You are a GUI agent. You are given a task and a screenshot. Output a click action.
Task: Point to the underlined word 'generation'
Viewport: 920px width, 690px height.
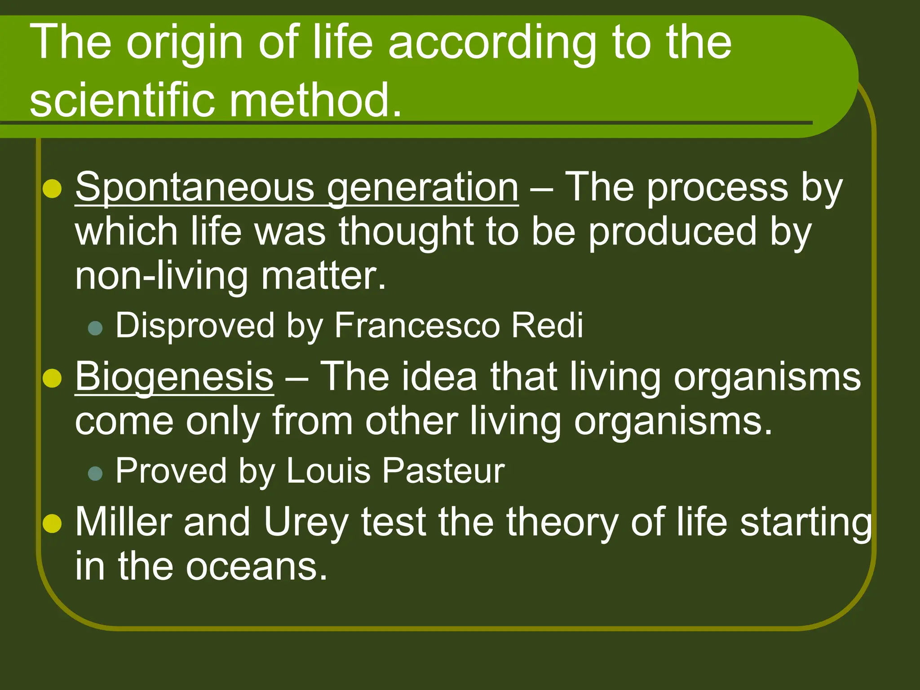tap(422, 188)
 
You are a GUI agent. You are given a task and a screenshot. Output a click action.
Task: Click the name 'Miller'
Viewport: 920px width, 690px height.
tap(124, 522)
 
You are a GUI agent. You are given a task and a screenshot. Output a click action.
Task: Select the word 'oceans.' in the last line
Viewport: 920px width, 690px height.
tap(256, 567)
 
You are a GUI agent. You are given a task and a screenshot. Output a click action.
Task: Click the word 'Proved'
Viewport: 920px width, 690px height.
tap(171, 471)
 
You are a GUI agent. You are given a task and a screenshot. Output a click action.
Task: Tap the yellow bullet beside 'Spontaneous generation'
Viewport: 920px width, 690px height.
tap(53, 189)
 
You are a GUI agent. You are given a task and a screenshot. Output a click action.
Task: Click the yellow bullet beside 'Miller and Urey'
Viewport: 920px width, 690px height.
tap(53, 523)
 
